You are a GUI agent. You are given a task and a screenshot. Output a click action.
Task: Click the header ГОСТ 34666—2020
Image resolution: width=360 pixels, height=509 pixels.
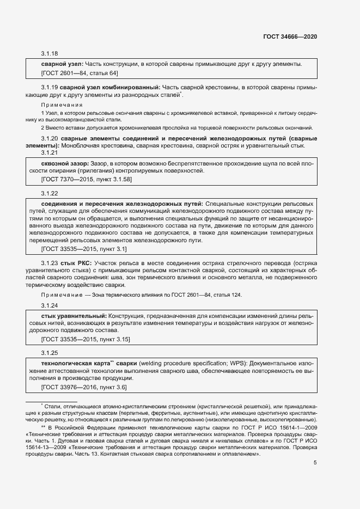click(x=290, y=36)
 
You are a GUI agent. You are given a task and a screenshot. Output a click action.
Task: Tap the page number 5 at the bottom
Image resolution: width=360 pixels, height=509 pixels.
click(x=315, y=463)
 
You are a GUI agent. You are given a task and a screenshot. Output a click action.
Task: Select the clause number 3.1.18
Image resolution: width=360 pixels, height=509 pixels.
click(x=50, y=53)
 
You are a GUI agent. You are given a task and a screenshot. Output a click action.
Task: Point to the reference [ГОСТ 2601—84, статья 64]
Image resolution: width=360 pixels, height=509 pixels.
click(x=80, y=73)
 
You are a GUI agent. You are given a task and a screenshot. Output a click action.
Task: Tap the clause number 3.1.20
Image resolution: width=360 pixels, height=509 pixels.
click(x=50, y=138)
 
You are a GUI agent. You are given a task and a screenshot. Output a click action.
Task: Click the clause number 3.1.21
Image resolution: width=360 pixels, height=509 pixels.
click(x=50, y=153)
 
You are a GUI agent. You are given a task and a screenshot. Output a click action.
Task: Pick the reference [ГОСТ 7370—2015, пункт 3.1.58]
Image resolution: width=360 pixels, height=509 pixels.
click(x=86, y=179)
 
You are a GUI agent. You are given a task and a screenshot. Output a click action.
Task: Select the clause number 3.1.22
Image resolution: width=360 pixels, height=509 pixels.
click(x=50, y=193)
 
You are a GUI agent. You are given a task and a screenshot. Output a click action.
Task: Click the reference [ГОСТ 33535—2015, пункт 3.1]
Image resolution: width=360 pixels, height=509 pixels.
click(x=84, y=249)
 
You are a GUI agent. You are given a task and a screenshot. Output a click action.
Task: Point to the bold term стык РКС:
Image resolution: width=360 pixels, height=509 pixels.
click(x=76, y=263)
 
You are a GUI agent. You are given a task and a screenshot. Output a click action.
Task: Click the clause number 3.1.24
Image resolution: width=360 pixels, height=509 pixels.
click(x=50, y=305)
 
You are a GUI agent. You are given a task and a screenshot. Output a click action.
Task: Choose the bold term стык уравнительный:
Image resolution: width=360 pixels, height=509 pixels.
click(x=74, y=316)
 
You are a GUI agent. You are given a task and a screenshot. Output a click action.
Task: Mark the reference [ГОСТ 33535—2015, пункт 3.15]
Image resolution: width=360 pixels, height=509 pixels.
click(x=86, y=339)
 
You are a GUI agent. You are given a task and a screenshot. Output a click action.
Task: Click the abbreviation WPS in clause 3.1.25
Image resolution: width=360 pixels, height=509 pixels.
click(x=211, y=363)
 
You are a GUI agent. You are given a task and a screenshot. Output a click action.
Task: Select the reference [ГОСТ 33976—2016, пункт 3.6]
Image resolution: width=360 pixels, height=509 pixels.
click(x=84, y=387)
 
